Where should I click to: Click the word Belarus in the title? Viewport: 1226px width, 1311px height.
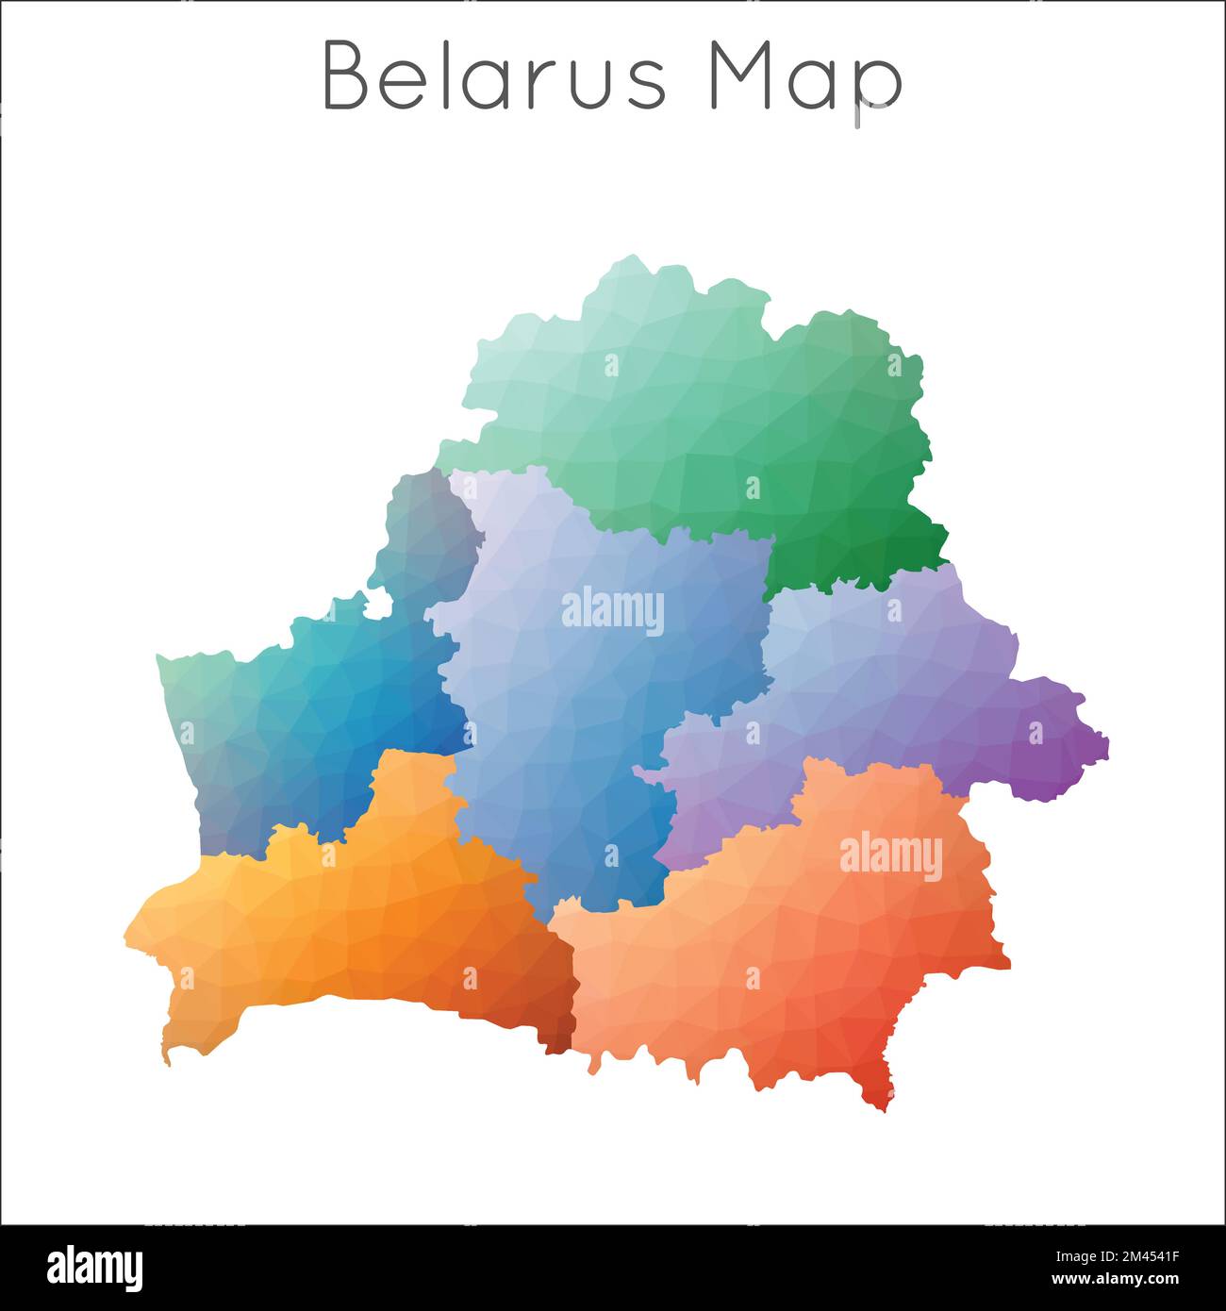pyautogui.click(x=494, y=76)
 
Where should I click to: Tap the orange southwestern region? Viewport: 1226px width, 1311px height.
pyautogui.click(x=368, y=924)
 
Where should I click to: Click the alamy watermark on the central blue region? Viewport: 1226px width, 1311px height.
pyautogui.click(x=613, y=611)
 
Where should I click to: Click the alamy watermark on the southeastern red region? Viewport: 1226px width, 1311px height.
pyautogui.click(x=890, y=856)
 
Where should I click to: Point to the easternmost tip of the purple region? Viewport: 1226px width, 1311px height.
pyautogui.click(x=1105, y=745)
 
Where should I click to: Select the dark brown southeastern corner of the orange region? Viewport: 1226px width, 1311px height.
pyautogui.click(x=560, y=1037)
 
